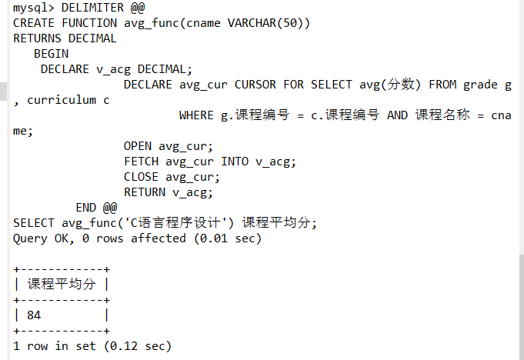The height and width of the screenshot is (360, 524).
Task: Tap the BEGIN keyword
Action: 51,54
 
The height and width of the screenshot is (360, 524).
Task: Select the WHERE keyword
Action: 196,115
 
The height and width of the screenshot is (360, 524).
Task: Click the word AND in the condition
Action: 397,115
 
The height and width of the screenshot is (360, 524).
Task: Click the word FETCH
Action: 141,162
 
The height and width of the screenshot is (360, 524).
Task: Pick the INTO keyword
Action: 234,162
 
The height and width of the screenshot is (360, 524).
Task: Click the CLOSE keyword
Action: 141,177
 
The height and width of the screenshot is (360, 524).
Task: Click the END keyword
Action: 85,208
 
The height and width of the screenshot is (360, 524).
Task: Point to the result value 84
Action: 34,315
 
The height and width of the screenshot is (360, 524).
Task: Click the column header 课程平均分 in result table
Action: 62,285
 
